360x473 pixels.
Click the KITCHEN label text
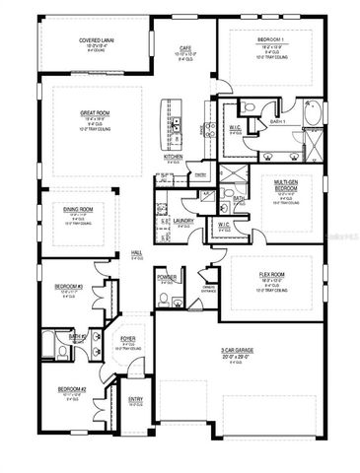pos(174,157)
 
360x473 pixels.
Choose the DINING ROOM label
pos(79,209)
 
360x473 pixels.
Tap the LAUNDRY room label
pos(183,222)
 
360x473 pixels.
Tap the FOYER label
pos(127,338)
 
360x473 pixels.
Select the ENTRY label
pos(136,399)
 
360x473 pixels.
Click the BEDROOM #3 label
pos(67,287)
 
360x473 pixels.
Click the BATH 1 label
pos(277,121)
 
